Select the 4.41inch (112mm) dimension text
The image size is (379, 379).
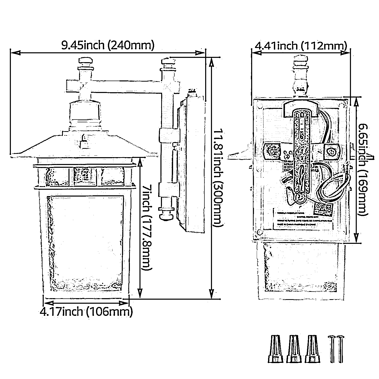coord(300,46)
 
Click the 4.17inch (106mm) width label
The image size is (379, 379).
coord(86,312)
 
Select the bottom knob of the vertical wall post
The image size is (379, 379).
coord(166,214)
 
